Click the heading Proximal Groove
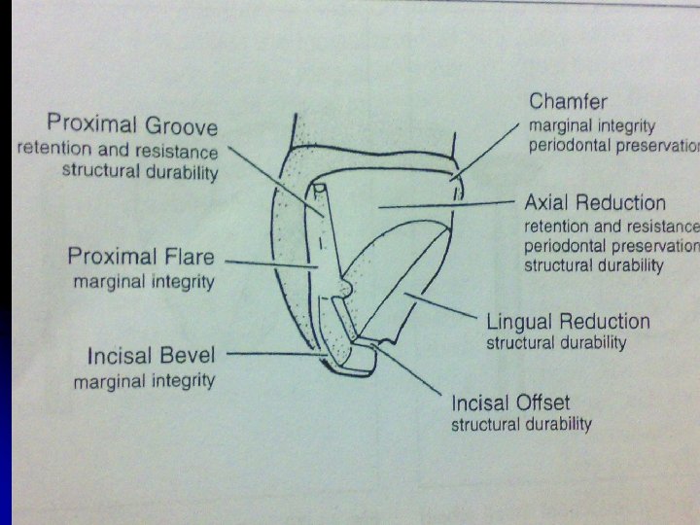pos(132,126)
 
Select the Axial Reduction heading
pos(595,203)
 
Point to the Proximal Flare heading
pos(140,258)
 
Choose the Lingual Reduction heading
pos(568,322)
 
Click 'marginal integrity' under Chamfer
pos(591,126)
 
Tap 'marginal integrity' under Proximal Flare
pos(143,282)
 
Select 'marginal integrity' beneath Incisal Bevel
pos(144,380)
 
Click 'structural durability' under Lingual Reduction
pos(556,343)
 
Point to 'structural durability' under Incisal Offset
pos(521,425)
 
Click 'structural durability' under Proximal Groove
pos(140,172)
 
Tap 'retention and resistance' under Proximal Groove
pos(118,151)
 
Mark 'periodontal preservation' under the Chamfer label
pos(613,146)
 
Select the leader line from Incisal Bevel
pos(277,355)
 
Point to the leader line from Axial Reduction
pos(447,204)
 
